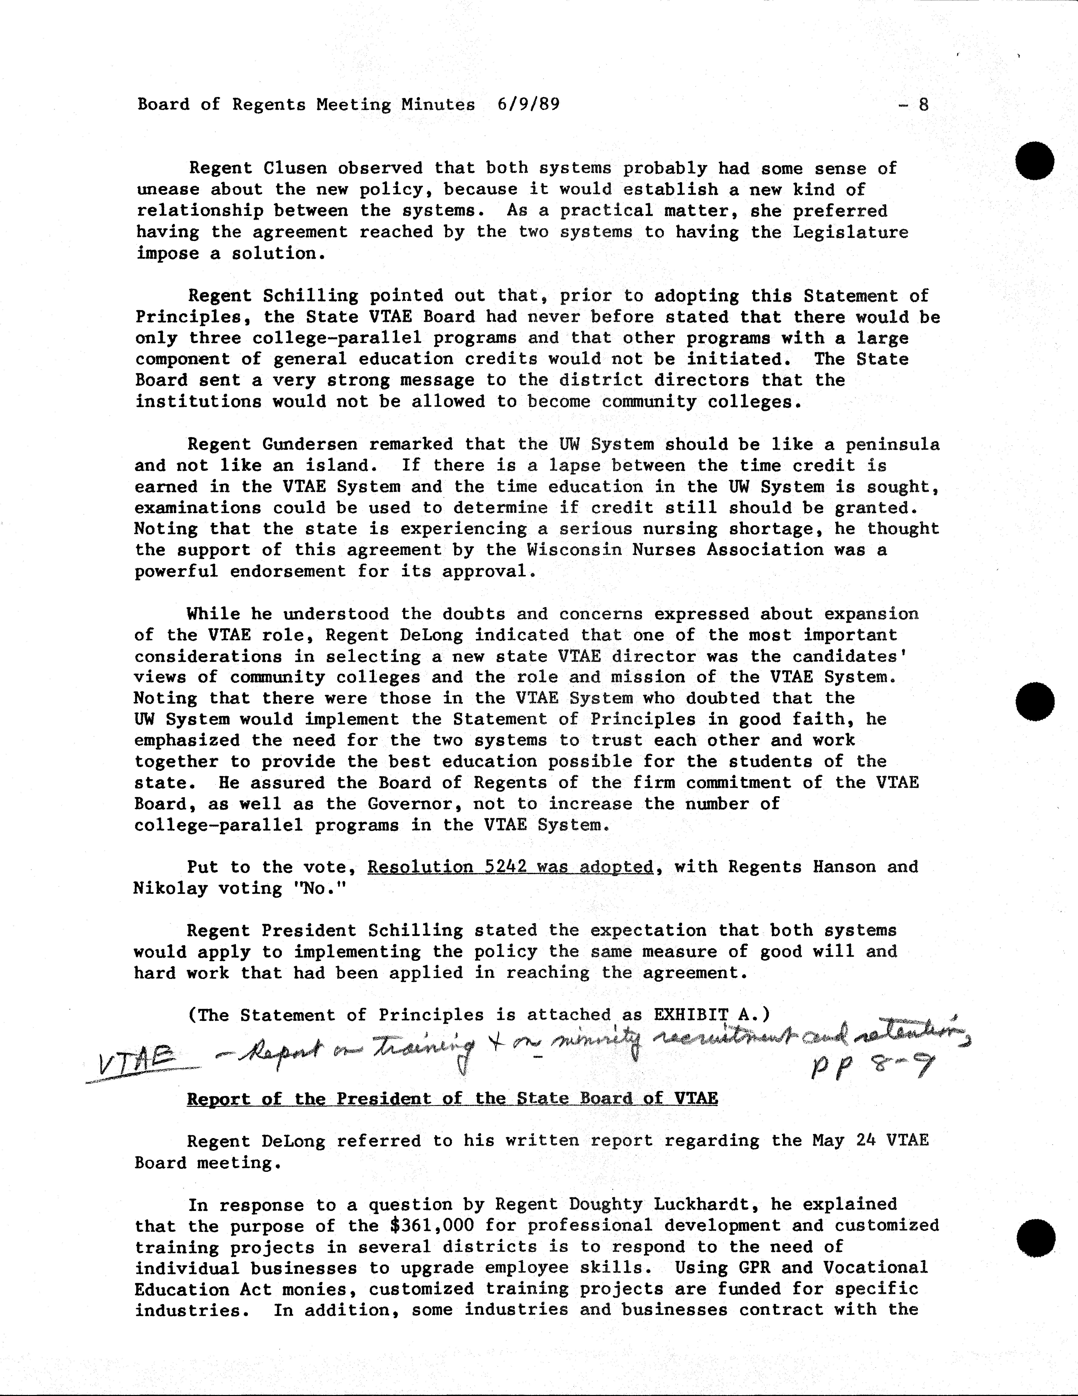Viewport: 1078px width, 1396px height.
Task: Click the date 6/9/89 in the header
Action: coord(528,104)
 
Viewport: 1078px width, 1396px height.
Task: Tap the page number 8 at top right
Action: coord(923,104)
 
